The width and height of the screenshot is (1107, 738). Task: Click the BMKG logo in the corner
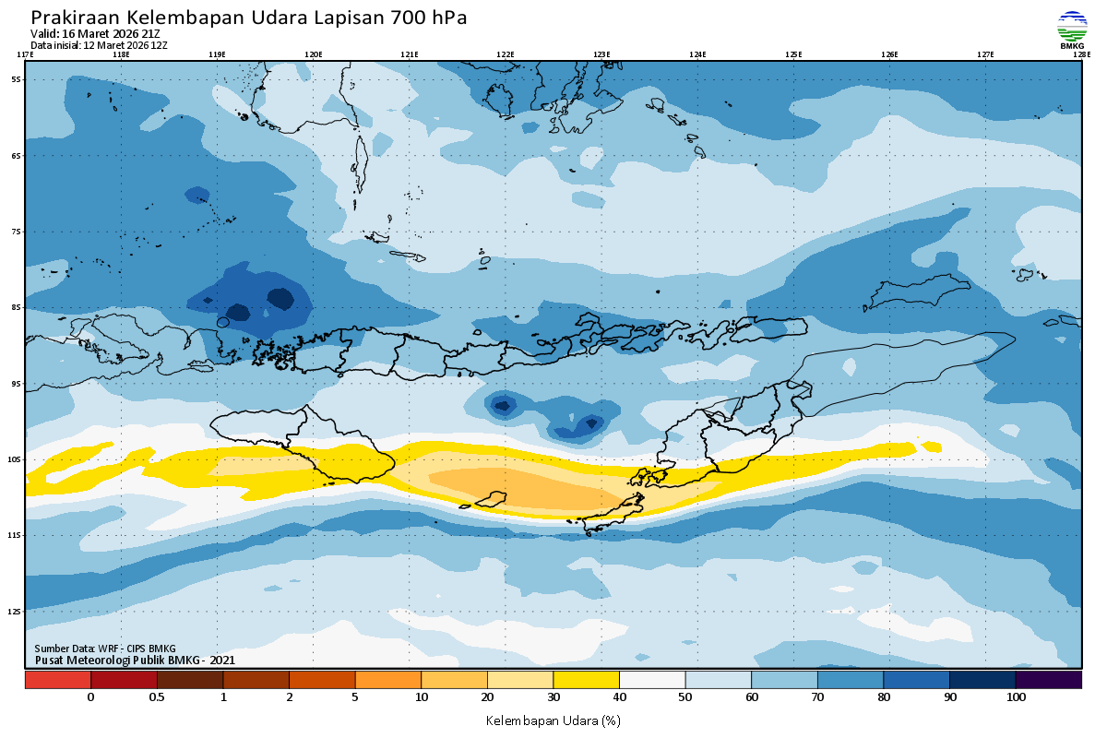pyautogui.click(x=1072, y=29)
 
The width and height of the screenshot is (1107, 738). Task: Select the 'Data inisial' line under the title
pyautogui.click(x=99, y=44)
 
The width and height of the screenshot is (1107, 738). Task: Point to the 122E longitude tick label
pyautogui.click(x=506, y=54)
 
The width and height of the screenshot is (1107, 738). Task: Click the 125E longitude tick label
pyautogui.click(x=793, y=54)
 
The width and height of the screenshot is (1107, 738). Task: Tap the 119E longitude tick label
pyautogui.click(x=217, y=54)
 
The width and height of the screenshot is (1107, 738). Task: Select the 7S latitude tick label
pyautogui.click(x=16, y=232)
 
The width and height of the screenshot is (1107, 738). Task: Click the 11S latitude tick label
pyautogui.click(x=15, y=535)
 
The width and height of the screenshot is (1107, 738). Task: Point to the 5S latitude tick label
pyautogui.click(x=16, y=79)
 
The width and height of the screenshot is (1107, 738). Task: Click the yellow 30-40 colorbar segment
pyautogui.click(x=586, y=680)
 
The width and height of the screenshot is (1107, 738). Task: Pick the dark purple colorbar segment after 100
pyautogui.click(x=1049, y=680)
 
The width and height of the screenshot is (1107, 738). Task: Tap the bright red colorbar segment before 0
pyautogui.click(x=57, y=680)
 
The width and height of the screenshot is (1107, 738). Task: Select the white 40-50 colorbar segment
pyautogui.click(x=652, y=680)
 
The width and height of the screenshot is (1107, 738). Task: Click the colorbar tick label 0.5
pyautogui.click(x=157, y=697)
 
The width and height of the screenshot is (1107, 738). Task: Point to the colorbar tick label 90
pyautogui.click(x=950, y=697)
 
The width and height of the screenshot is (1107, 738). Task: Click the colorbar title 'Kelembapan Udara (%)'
pyautogui.click(x=553, y=720)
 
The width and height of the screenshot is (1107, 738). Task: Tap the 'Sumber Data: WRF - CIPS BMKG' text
pyautogui.click(x=105, y=649)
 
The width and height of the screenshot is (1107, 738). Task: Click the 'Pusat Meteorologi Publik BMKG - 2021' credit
pyautogui.click(x=135, y=660)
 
